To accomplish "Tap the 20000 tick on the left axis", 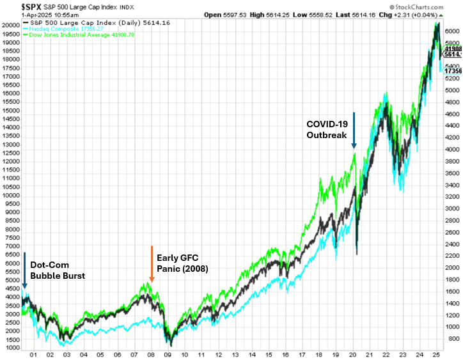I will point(11,25).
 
